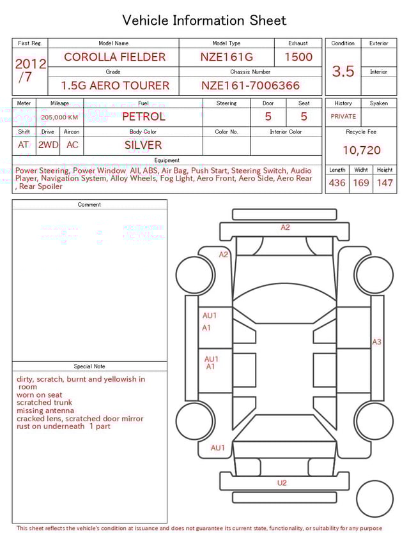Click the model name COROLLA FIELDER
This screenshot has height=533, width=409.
[x=114, y=57]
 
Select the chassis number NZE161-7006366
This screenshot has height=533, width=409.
[x=250, y=86]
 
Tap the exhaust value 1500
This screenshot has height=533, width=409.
[x=298, y=57]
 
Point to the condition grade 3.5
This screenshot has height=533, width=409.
[x=343, y=71]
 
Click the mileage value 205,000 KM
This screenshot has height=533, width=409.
[x=59, y=117]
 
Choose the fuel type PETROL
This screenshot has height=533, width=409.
[x=143, y=117]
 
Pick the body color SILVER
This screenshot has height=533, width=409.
[x=143, y=145]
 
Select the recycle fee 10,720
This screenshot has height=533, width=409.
[x=361, y=151]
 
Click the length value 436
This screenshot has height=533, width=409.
[x=337, y=183]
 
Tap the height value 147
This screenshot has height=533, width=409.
[x=385, y=183]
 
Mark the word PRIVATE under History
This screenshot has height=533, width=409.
[x=343, y=117]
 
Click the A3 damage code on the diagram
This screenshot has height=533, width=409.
[x=377, y=342]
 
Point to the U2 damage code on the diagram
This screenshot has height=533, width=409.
[x=282, y=483]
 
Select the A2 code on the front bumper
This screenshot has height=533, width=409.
[x=285, y=227]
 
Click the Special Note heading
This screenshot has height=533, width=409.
[x=89, y=366]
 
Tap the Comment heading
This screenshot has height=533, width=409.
[x=89, y=205]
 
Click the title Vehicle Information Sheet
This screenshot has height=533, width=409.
[x=204, y=20]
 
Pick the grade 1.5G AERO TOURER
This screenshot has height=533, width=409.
[x=115, y=86]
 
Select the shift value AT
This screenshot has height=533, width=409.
[x=24, y=145]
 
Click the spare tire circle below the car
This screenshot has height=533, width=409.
[x=374, y=499]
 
